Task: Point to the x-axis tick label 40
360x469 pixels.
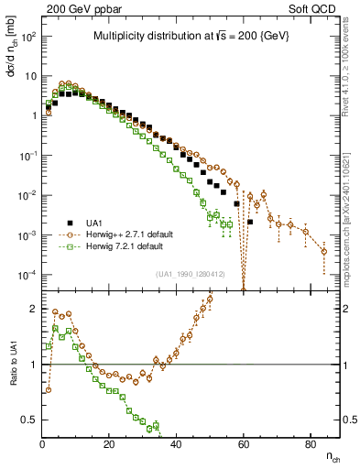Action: tap(176, 443)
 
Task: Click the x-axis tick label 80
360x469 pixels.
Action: tap(310, 443)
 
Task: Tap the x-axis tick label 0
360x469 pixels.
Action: tap(42, 443)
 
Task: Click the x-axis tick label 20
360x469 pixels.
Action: tap(109, 443)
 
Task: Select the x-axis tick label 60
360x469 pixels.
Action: tap(243, 443)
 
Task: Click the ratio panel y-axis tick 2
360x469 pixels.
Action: tap(35, 309)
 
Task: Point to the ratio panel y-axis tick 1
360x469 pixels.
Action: tap(35, 365)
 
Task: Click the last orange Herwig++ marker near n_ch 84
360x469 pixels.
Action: tap(323, 251)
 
